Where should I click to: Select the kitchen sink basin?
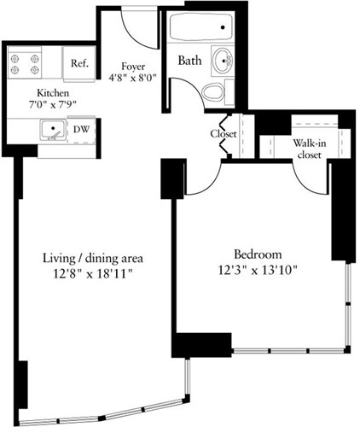tap(53, 131)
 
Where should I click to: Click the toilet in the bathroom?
tap(213, 92)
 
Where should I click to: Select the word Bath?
tap(190, 61)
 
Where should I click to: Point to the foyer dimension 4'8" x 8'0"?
tap(131, 79)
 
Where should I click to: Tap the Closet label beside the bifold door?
tap(224, 134)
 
